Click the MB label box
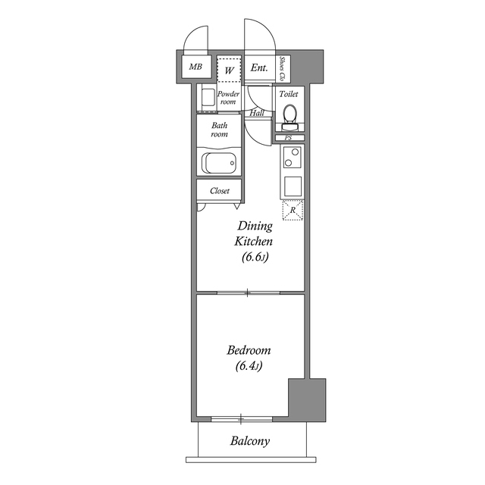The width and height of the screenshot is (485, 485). [x=195, y=67]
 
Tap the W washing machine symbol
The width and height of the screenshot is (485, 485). [x=228, y=69]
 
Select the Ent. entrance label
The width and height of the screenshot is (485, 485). [x=258, y=67]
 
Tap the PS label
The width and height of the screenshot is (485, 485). [x=288, y=138]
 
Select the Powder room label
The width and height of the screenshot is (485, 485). [x=228, y=98]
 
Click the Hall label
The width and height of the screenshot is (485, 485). [x=256, y=113]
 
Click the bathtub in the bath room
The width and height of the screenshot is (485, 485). [x=220, y=163]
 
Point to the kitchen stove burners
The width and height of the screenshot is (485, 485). [x=293, y=158]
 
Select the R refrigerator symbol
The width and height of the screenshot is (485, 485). [x=293, y=210]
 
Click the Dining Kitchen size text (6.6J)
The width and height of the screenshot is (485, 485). [x=255, y=258]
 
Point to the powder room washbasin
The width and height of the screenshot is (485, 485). [x=206, y=97]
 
